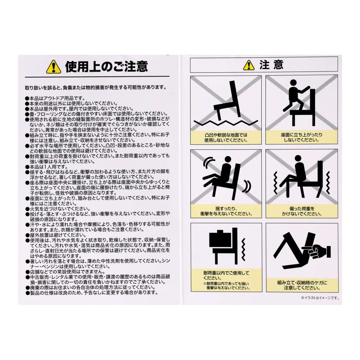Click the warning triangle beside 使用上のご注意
[x=54, y=67]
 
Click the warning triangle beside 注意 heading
[x=249, y=65]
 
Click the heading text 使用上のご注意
[x=107, y=67]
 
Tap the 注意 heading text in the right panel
[x=271, y=65]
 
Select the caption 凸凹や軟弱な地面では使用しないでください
[x=226, y=137]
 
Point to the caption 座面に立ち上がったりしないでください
[x=302, y=137]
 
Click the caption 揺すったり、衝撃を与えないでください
[x=226, y=211]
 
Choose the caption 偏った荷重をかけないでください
[x=302, y=211]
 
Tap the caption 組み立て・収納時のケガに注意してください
[x=302, y=285]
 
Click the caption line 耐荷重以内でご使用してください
[x=226, y=275]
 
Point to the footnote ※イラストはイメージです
[x=320, y=298]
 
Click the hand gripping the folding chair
[x=318, y=252]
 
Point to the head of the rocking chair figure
[x=228, y=159]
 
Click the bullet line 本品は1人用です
[x=46, y=167]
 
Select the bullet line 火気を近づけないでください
[x=57, y=209]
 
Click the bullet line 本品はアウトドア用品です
[x=55, y=98]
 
